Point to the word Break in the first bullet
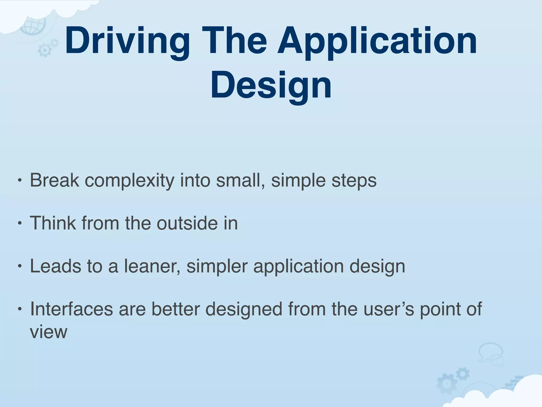tap(55, 180)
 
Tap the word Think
tap(53, 223)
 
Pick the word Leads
tap(55, 266)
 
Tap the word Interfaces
tap(71, 309)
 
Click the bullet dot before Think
tap(19, 224)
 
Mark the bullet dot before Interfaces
tap(19, 309)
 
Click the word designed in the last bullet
tap(244, 309)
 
